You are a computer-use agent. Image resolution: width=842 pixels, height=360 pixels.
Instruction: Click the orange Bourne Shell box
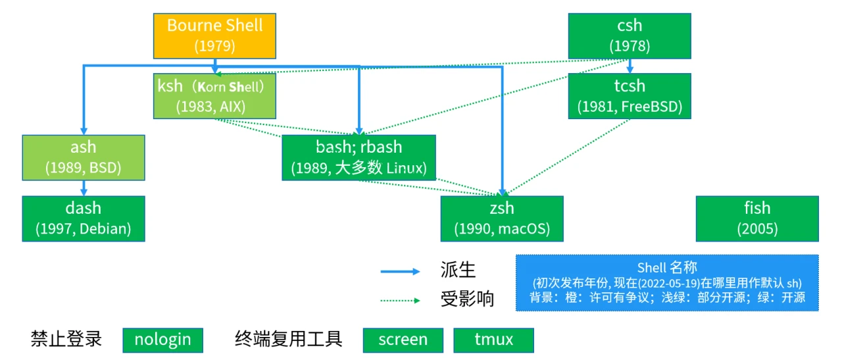click(214, 36)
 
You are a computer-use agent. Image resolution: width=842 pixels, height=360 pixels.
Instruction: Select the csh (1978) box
click(630, 36)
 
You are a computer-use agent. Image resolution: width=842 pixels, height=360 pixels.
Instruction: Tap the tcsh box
click(630, 95)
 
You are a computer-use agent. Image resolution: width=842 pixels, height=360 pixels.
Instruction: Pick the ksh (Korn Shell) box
click(214, 95)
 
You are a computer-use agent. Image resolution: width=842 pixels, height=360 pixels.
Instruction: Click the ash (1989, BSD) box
click(84, 157)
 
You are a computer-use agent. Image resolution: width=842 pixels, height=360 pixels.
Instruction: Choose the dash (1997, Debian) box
click(84, 219)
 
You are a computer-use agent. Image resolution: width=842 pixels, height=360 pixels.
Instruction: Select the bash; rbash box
click(359, 157)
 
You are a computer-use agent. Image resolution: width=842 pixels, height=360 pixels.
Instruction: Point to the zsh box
click(502, 219)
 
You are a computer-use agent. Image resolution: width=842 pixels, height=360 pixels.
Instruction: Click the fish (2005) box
click(757, 219)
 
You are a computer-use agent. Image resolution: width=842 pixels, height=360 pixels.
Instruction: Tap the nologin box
click(162, 340)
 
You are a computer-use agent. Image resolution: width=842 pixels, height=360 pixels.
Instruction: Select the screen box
click(403, 340)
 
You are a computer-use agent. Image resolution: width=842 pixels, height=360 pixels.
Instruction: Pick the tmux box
click(493, 340)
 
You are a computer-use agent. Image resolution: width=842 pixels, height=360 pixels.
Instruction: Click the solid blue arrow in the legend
click(400, 271)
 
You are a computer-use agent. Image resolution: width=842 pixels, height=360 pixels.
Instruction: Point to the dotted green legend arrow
click(400, 301)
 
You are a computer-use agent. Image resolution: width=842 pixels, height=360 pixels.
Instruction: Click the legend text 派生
click(458, 270)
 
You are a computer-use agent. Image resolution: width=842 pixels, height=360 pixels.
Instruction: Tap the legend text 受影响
click(467, 299)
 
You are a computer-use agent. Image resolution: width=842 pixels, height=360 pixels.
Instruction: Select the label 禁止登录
click(66, 340)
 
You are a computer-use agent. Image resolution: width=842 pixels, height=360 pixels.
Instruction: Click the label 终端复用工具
click(289, 340)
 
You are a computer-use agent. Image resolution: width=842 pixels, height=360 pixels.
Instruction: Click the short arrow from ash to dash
click(84, 188)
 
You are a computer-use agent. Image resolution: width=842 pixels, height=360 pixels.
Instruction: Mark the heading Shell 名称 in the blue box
click(667, 267)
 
